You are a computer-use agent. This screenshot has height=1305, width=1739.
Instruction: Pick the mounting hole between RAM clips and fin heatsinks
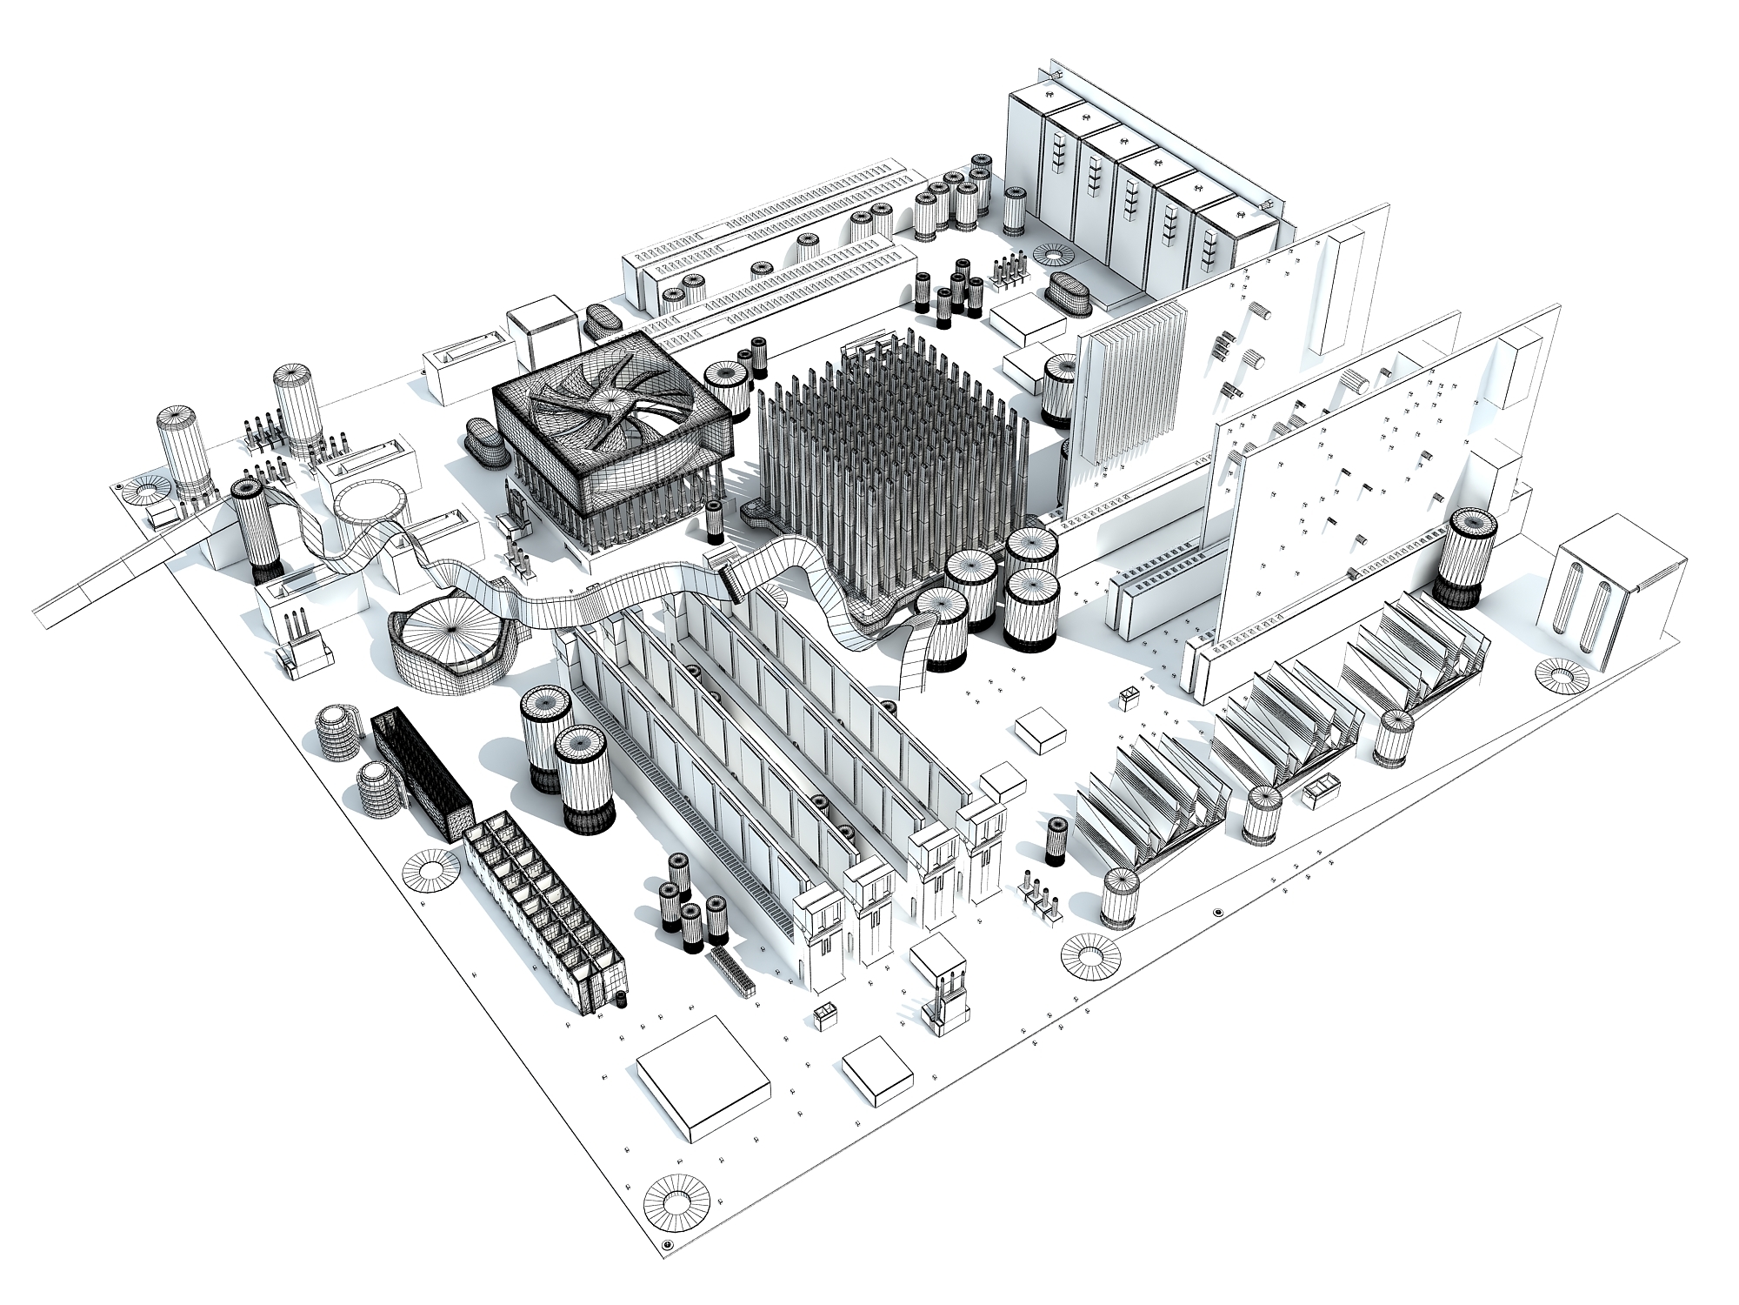pos(1090,958)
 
